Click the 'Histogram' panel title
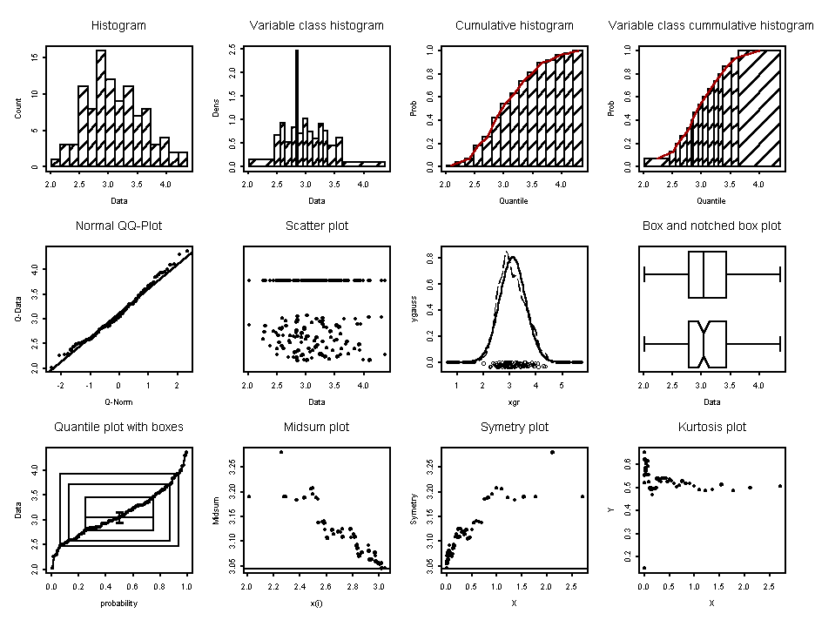[x=118, y=25]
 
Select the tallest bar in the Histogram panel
[x=101, y=108]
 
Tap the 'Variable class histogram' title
[x=316, y=25]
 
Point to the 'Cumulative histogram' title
[x=514, y=25]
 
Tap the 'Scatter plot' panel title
[x=316, y=226]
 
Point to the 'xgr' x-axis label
[x=514, y=402]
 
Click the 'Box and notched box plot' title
[x=711, y=226]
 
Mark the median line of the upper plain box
[x=703, y=275]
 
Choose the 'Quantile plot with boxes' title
[x=118, y=427]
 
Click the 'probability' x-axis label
[x=118, y=603]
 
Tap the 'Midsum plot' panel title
[x=316, y=427]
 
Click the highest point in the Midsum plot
[x=281, y=452]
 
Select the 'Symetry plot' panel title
[x=514, y=427]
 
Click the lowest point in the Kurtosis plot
[x=643, y=568]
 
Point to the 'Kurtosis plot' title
[x=711, y=427]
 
